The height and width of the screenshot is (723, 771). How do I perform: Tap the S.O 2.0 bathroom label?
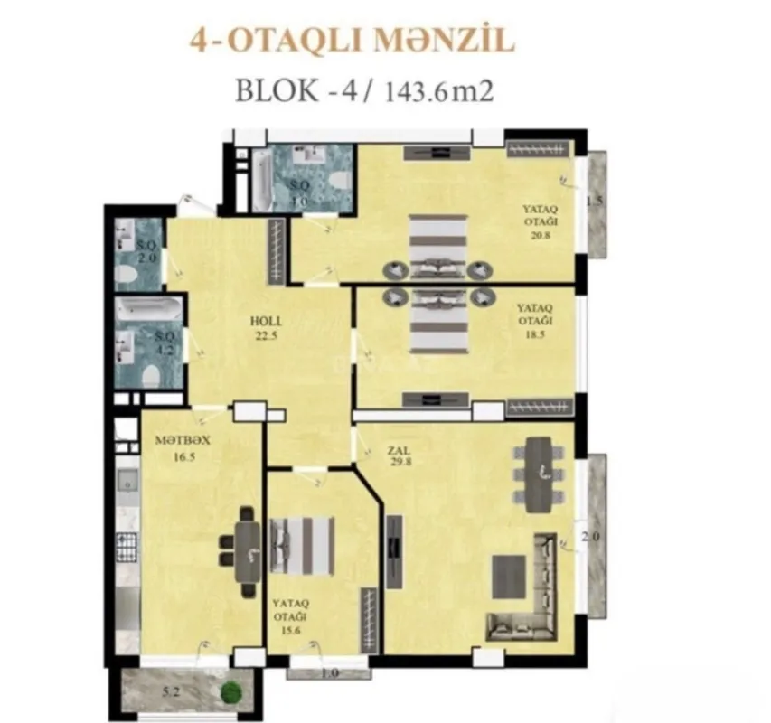[x=147, y=251]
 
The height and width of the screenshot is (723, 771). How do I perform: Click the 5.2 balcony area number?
[x=170, y=694]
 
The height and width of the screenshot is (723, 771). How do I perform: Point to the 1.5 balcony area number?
[x=594, y=201]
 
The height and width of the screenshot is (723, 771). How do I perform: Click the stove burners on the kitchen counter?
[x=126, y=546]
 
